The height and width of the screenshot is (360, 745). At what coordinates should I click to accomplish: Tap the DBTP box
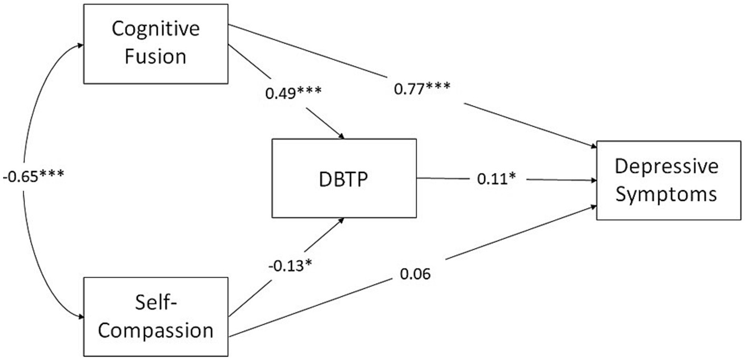point(344,178)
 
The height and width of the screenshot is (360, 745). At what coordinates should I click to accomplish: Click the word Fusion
point(156,55)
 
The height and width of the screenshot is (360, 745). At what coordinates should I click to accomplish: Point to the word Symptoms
point(666,194)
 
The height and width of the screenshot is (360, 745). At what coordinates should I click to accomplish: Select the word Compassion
point(156,331)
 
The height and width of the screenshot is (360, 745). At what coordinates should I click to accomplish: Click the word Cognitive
point(156,29)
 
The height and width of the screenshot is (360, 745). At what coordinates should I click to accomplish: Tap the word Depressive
point(666,167)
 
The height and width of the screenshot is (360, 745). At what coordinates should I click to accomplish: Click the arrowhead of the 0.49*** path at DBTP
point(342,137)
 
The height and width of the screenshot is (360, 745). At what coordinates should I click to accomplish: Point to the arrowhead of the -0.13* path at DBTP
point(342,220)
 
